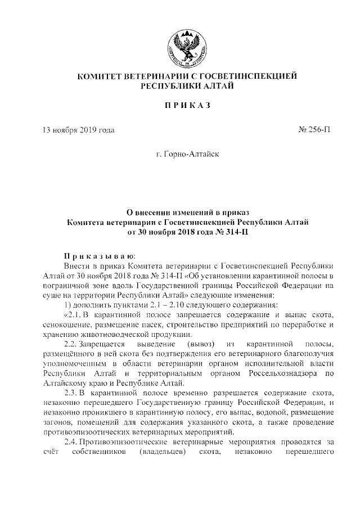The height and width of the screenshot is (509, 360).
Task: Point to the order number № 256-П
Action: coord(313,131)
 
